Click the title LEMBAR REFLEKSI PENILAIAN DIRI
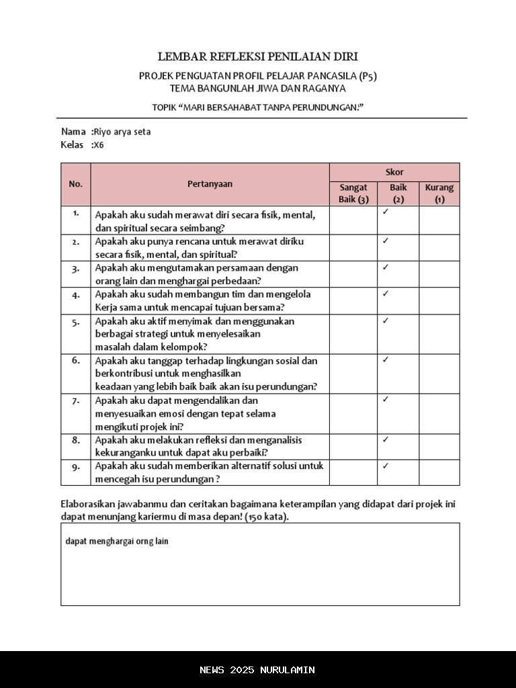[x=257, y=57]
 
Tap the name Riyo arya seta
[x=122, y=132]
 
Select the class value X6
[x=99, y=145]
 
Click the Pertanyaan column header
[x=210, y=183]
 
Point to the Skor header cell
[x=394, y=172]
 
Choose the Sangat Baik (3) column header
[x=353, y=193]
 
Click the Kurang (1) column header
[x=439, y=193]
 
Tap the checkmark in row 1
[x=386, y=212]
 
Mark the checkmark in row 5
[x=386, y=320]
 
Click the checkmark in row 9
[x=386, y=465]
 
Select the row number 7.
[x=76, y=400]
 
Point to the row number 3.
[x=76, y=268]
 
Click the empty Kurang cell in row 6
[x=439, y=374]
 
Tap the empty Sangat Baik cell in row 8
[x=353, y=447]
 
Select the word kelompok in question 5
[x=182, y=347]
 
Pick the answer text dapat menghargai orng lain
[x=117, y=541]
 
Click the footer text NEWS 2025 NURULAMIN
[x=257, y=670]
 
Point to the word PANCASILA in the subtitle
[x=323, y=76]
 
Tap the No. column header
[x=76, y=183]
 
